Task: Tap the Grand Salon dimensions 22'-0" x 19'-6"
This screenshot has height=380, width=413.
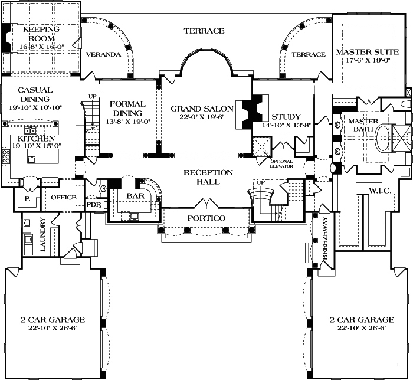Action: (202, 117)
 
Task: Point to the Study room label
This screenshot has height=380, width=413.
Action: (286, 116)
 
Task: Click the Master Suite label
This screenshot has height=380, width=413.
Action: (367, 53)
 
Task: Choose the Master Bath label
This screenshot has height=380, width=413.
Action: (363, 125)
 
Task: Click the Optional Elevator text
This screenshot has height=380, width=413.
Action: (281, 163)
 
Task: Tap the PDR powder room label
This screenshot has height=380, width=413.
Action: (94, 204)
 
